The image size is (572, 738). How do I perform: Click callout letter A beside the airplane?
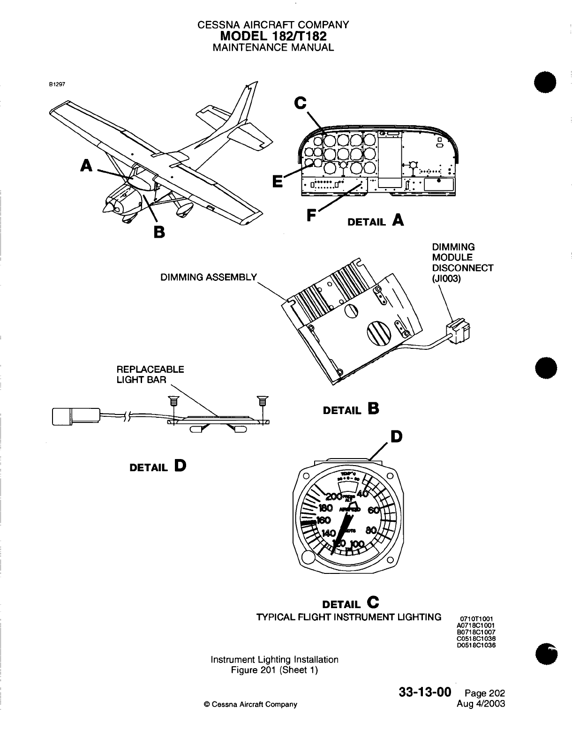click(x=86, y=165)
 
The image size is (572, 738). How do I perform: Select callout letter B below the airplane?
click(x=159, y=232)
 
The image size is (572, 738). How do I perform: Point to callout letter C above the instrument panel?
click(x=301, y=102)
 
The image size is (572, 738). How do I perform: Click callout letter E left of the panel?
click(x=278, y=181)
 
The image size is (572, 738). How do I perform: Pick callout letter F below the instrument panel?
click(x=311, y=215)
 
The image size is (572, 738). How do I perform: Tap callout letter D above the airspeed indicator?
click(x=396, y=437)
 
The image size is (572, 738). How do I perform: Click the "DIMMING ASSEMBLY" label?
click(x=209, y=277)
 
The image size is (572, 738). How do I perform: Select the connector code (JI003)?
click(x=446, y=279)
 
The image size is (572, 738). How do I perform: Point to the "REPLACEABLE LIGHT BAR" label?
click(x=150, y=374)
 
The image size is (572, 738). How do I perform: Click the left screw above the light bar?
click(x=174, y=402)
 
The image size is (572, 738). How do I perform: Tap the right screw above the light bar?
click(x=262, y=402)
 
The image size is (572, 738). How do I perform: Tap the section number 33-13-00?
click(x=425, y=693)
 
